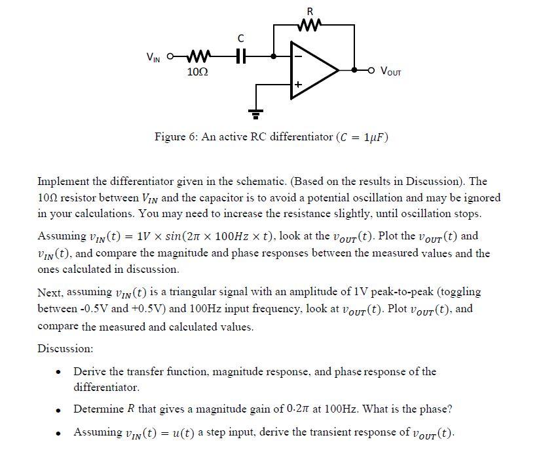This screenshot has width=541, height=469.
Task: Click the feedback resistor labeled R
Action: tap(310, 26)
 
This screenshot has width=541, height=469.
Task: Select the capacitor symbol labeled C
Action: tap(240, 56)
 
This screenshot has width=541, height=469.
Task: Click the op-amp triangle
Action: tap(313, 70)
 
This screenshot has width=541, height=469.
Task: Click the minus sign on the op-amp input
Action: tap(297, 56)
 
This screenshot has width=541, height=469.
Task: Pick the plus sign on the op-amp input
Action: tap(297, 85)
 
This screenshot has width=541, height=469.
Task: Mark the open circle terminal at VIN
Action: tap(171, 56)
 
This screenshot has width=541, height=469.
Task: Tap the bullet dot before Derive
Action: tap(59, 372)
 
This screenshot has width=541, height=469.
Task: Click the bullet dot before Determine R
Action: tap(59, 409)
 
